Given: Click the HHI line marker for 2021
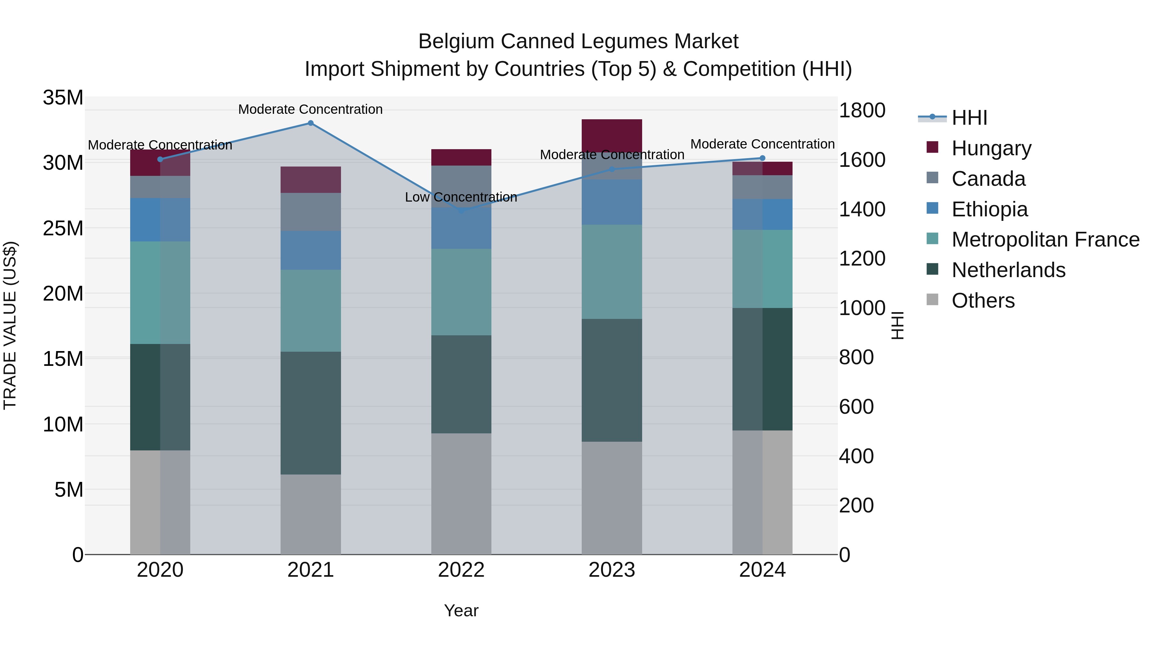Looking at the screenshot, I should tap(310, 123).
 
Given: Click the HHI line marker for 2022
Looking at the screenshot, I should tap(461, 210).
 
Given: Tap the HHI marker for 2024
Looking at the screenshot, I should tap(762, 158).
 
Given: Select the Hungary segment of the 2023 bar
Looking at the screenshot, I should tap(612, 135).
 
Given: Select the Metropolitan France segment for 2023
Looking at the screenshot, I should tap(612, 271).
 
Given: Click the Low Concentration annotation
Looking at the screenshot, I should tap(461, 197).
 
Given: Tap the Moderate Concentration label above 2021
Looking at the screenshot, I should tap(310, 109).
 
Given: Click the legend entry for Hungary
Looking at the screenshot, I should tap(991, 148).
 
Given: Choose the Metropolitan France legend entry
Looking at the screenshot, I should tap(1045, 240).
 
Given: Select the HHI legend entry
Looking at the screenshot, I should tap(969, 118).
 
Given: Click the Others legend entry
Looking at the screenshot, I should tap(983, 301).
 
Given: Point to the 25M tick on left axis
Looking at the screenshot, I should tap(63, 228).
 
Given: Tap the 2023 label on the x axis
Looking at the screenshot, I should tap(612, 570).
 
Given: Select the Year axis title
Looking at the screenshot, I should tap(461, 610).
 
